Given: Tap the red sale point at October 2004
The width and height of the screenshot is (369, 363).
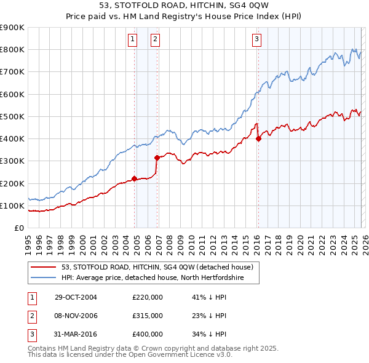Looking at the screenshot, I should [x=134, y=179].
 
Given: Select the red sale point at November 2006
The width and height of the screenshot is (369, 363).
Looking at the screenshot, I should [x=157, y=158].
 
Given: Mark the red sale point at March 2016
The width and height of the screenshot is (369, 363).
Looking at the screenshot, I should [x=258, y=138].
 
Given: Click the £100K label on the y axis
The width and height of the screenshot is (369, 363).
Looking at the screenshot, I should [x=12, y=205].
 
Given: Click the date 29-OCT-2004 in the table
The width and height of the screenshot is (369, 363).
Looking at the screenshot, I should [x=76, y=297].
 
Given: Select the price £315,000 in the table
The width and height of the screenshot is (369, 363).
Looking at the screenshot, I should [x=148, y=315].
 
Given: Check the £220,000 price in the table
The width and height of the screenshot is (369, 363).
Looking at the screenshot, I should [x=148, y=297].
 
